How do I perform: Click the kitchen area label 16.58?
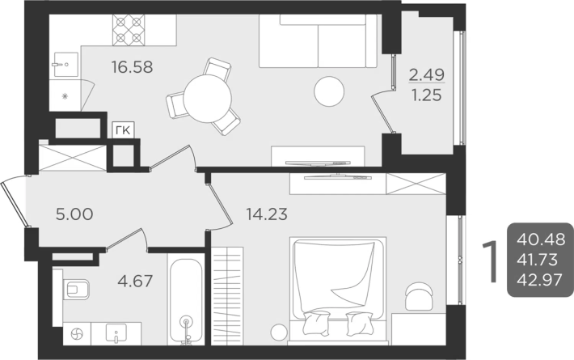click(x=132, y=67)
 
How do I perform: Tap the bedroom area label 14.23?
click(x=267, y=214)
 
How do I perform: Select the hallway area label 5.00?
click(x=74, y=214)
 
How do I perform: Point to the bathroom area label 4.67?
click(x=135, y=281)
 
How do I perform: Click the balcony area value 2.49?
click(x=427, y=74)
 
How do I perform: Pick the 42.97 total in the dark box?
click(x=539, y=280)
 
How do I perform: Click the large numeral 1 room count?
click(x=491, y=261)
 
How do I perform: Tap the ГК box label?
click(x=124, y=130)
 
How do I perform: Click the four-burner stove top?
click(x=129, y=30)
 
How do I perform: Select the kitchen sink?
click(x=66, y=65)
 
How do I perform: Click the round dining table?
click(x=208, y=99)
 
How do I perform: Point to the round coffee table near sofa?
click(x=329, y=91)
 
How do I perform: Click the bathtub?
click(x=186, y=302)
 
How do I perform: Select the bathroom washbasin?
click(x=116, y=333)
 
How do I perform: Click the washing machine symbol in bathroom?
click(x=77, y=334)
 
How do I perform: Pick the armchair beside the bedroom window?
click(x=419, y=296)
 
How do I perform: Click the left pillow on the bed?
click(x=316, y=323)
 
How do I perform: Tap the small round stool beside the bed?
click(x=279, y=332)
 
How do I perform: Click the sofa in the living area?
click(x=318, y=41)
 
